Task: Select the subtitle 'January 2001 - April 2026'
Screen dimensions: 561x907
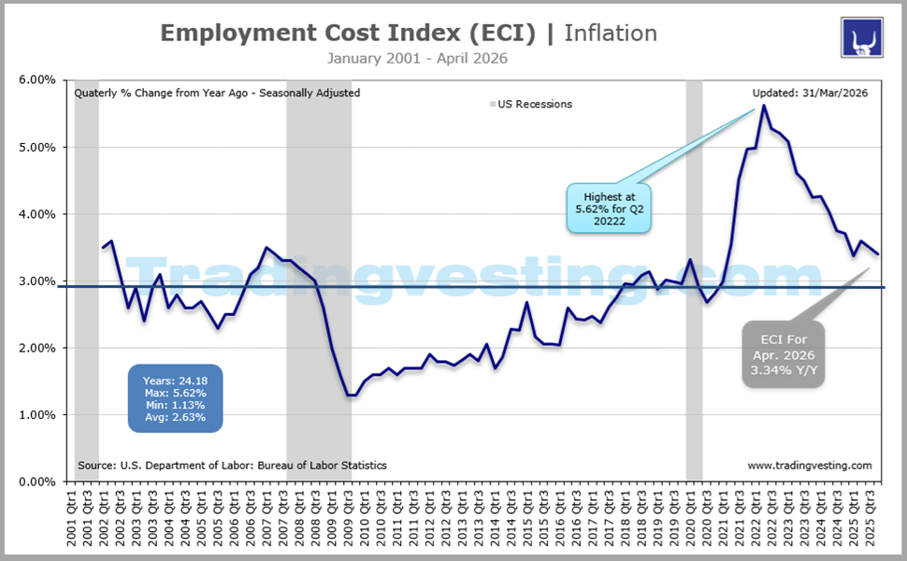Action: pos(417,59)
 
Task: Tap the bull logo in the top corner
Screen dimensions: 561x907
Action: pos(857,36)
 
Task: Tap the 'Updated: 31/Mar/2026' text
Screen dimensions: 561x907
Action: pos(811,93)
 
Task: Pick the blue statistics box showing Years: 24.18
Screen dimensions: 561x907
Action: pos(176,397)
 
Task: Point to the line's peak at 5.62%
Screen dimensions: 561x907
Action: pos(764,106)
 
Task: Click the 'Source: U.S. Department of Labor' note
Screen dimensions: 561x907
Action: pos(232,465)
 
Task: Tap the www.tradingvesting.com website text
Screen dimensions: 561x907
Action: pos(810,465)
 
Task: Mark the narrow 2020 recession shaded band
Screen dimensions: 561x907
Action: pos(694,280)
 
